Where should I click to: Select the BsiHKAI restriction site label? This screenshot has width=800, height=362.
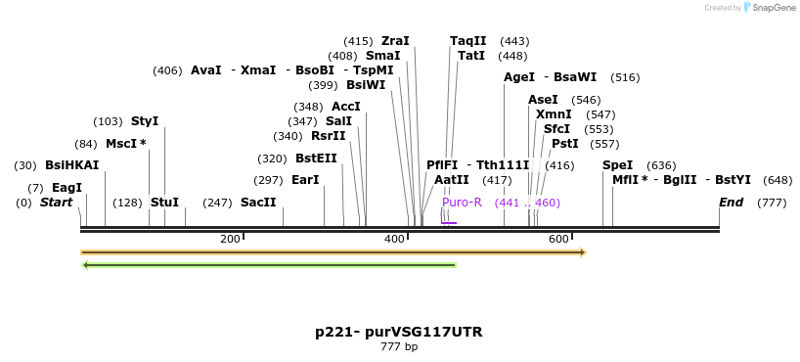(71, 165)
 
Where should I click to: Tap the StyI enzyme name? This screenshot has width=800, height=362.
(144, 121)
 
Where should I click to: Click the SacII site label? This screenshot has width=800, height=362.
(258, 203)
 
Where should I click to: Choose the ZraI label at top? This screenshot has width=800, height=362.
(395, 41)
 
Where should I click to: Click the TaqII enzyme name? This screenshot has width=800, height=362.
(467, 41)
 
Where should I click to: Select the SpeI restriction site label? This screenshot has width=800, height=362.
(617, 165)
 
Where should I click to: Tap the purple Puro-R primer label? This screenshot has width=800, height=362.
(462, 203)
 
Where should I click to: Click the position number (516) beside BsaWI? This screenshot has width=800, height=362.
(625, 77)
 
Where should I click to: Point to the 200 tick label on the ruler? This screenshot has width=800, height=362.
(230, 240)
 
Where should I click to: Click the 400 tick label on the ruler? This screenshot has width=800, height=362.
(394, 240)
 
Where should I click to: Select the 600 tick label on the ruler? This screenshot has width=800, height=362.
(558, 240)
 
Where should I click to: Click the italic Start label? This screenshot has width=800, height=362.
(56, 203)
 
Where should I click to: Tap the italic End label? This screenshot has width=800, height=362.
(731, 203)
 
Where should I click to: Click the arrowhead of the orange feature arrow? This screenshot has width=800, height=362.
(582, 252)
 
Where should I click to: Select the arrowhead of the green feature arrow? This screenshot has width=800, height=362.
(86, 264)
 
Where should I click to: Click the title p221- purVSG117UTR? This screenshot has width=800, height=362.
(398, 332)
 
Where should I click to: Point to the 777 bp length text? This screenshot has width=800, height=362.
(398, 347)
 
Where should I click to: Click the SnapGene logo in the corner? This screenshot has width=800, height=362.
(769, 8)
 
